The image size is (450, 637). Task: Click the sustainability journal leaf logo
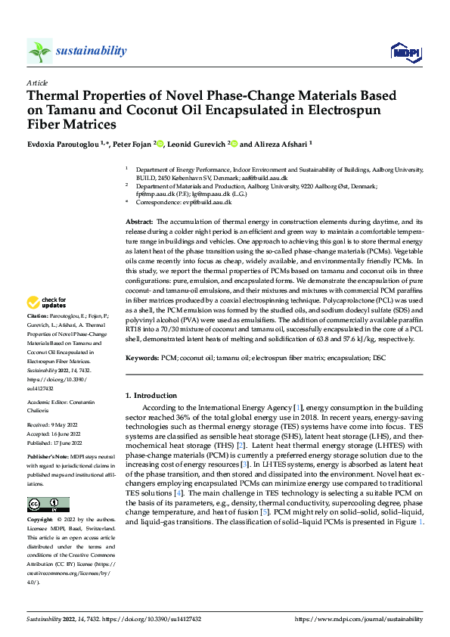[x=39, y=51]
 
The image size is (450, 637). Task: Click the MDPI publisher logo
[x=404, y=51]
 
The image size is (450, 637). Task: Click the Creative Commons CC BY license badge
[x=48, y=505]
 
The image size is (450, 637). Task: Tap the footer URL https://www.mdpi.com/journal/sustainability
[x=358, y=619]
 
